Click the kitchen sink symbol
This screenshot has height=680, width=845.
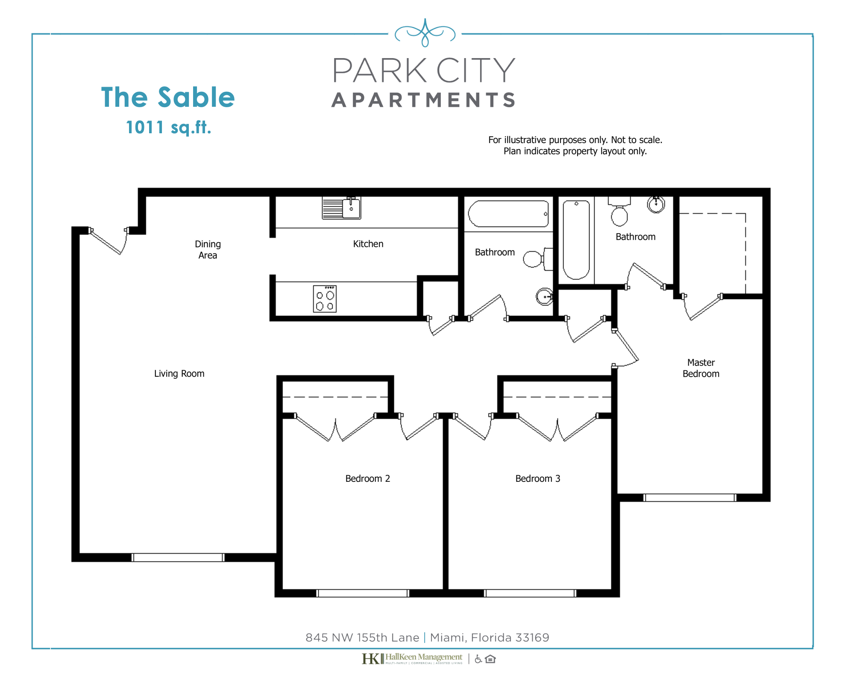(x=341, y=208)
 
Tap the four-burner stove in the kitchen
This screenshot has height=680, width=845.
(x=325, y=299)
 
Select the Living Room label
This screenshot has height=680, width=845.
(x=179, y=374)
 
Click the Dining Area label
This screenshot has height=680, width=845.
(x=208, y=249)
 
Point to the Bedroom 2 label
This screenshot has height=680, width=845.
(x=367, y=479)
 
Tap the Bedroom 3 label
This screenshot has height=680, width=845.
(x=537, y=479)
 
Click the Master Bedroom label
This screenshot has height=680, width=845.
(x=701, y=368)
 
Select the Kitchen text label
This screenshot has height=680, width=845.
(x=368, y=244)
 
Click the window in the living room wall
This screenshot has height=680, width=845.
(x=178, y=557)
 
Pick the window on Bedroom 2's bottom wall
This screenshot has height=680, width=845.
(x=363, y=593)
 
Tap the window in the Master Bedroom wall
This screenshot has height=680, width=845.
(x=689, y=498)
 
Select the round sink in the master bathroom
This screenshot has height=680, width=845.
(x=656, y=205)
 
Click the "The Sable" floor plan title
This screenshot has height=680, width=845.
(x=168, y=97)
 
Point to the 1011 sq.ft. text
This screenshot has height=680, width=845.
(x=168, y=127)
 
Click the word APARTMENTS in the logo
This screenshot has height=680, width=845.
(x=424, y=100)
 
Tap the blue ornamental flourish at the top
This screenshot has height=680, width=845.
(x=425, y=33)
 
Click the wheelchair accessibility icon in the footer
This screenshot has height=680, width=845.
(x=478, y=659)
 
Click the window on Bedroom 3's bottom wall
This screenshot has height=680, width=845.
(x=530, y=593)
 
